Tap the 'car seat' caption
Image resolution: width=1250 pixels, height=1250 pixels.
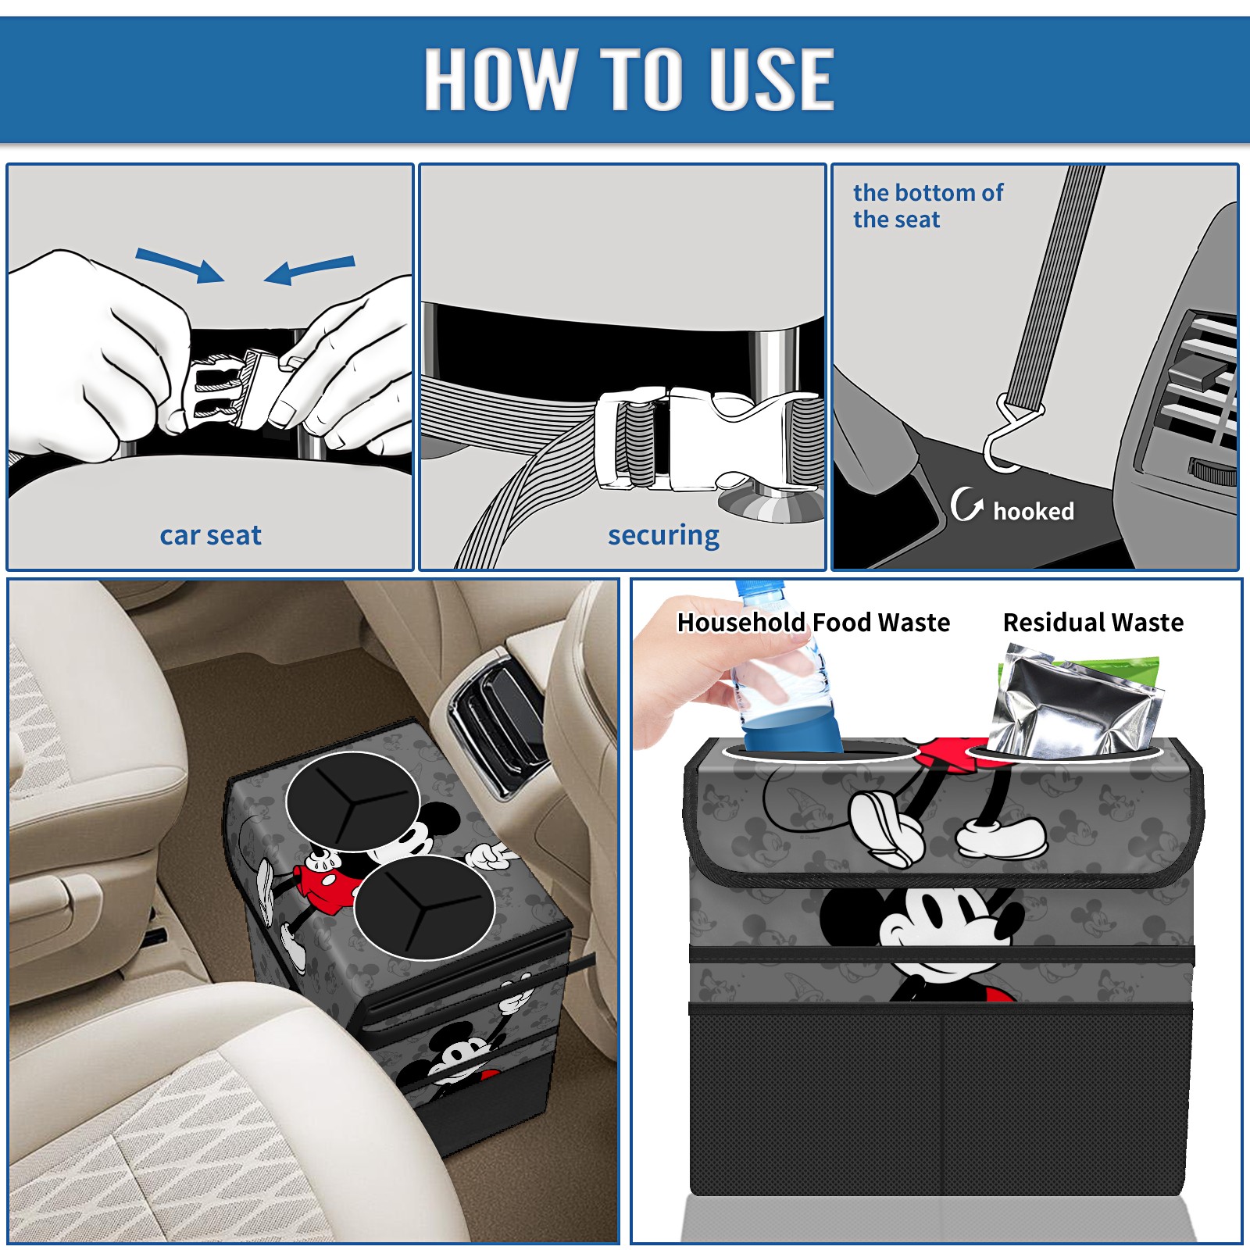click(210, 535)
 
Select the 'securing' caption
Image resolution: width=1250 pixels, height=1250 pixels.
click(663, 535)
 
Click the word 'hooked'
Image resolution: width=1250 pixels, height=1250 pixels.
click(1034, 511)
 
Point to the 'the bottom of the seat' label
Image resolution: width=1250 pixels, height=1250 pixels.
click(927, 205)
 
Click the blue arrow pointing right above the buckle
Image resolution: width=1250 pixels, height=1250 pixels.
click(180, 264)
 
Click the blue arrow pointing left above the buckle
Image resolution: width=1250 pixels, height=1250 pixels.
click(309, 270)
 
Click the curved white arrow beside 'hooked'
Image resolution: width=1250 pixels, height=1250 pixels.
click(966, 504)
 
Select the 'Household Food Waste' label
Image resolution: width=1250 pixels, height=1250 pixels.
click(813, 622)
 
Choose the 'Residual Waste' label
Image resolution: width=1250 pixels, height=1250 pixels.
click(1093, 622)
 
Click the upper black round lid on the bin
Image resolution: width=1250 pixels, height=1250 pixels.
click(352, 801)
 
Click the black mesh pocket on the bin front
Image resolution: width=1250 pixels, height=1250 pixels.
click(941, 1102)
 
